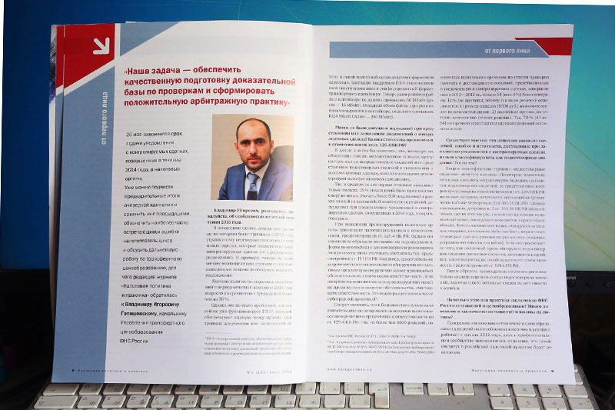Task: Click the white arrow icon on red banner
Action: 101,45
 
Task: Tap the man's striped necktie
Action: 252,185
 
